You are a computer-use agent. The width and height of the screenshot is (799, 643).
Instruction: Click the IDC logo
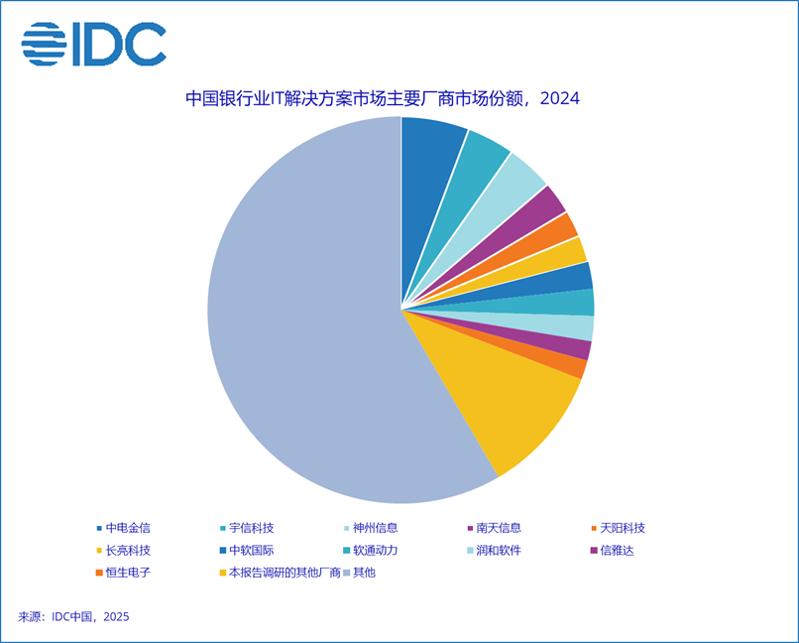tap(94, 44)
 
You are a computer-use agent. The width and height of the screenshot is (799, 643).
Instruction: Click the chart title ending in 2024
tap(382, 99)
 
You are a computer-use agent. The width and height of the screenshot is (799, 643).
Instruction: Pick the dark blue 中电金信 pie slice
tap(431, 149)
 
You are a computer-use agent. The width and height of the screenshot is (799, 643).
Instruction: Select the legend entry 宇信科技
tap(251, 528)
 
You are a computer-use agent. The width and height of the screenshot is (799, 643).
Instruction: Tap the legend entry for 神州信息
tap(375, 528)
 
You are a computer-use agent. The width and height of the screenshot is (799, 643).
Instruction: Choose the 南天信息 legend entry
tap(498, 528)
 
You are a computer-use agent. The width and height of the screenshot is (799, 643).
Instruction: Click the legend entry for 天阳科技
tap(622, 528)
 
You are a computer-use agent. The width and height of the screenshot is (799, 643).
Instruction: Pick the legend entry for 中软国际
tap(251, 550)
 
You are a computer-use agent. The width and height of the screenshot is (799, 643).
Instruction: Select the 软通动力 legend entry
tap(375, 550)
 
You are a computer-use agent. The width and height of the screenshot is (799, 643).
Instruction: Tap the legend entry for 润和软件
tap(498, 550)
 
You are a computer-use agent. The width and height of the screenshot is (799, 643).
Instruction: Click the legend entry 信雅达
tap(615, 550)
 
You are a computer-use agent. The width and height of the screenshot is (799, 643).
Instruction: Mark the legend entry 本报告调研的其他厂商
tap(284, 573)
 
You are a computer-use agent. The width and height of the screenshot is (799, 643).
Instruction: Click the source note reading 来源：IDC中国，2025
tap(73, 617)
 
